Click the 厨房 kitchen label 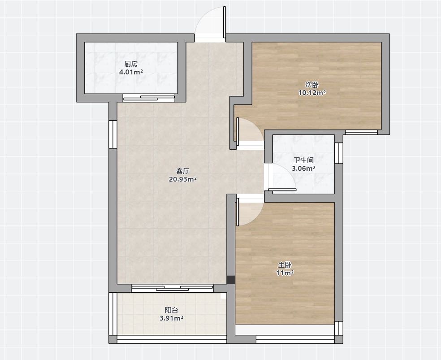tap(131, 64)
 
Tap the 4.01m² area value tap(131, 72)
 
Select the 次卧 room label tap(312, 84)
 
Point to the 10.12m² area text tap(312, 92)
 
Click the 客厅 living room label tap(182, 171)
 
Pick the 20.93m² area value tap(182, 179)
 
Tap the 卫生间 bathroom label tap(303, 160)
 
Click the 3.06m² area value tap(303, 169)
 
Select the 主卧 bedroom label tap(285, 265)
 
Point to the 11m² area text tap(285, 273)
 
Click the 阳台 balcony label tap(171, 310)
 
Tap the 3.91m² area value tap(171, 318)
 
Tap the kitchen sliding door tap(149, 98)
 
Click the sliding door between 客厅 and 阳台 tap(172, 288)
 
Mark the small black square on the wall tap(231, 280)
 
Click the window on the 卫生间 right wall tap(339, 153)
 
